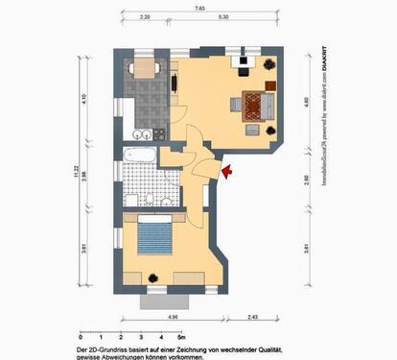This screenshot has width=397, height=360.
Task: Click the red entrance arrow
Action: click(226, 173)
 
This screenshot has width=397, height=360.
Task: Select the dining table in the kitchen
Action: click(146, 68)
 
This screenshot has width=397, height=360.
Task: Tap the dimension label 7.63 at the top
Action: click(198, 9)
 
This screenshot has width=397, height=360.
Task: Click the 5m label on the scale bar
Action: click(182, 339)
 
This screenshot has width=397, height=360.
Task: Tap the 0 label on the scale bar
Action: click(79, 339)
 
